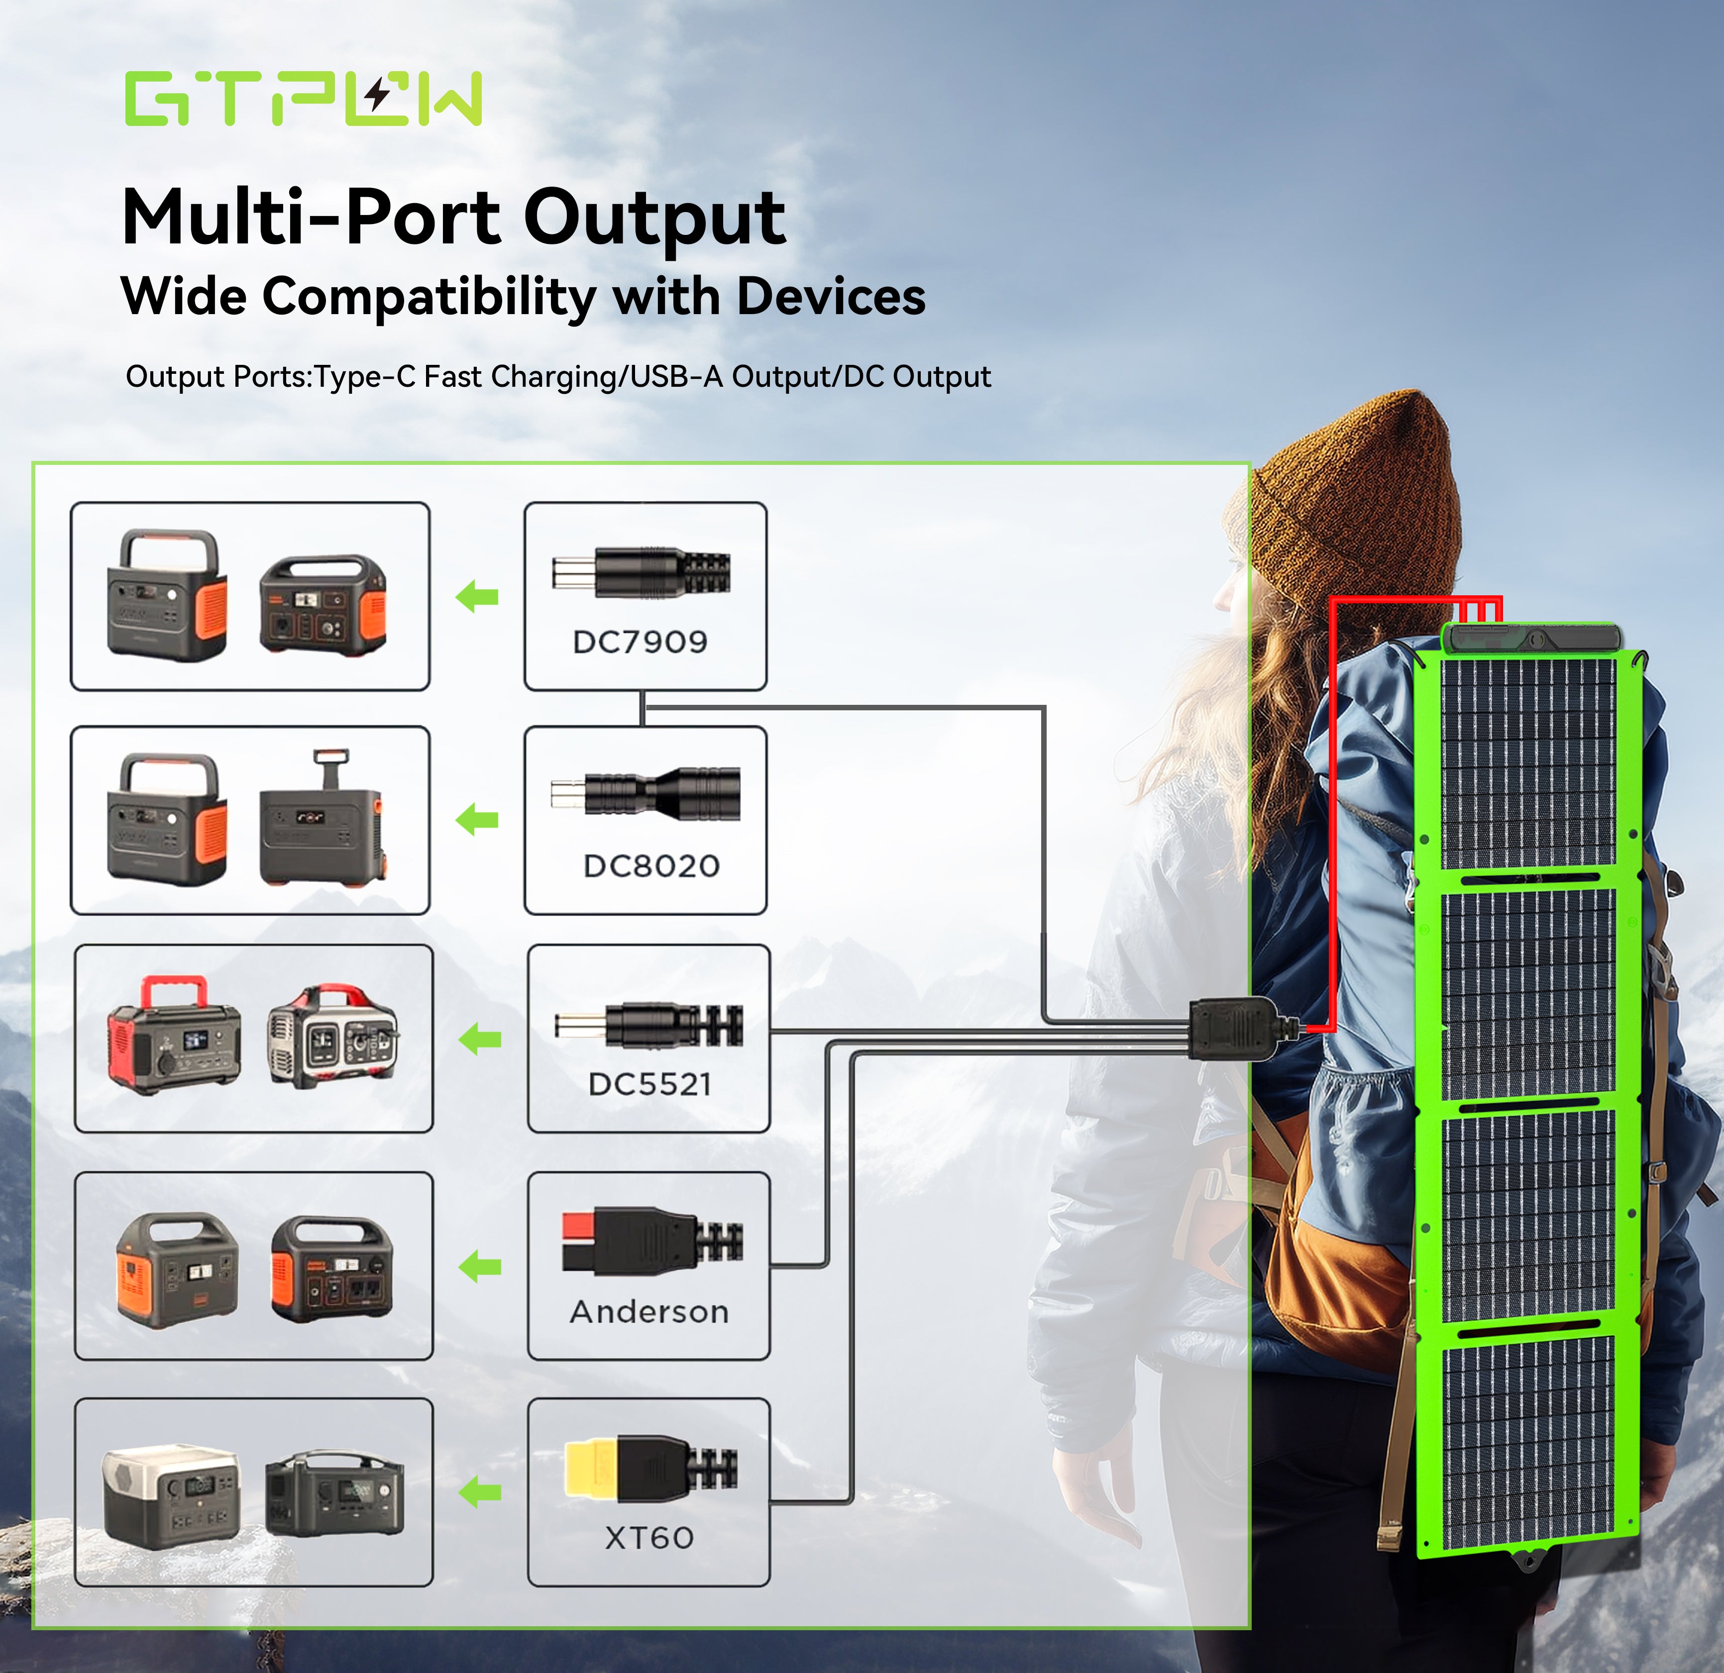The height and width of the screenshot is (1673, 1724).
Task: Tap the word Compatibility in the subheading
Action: point(429,297)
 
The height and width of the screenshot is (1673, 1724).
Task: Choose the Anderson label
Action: point(649,1312)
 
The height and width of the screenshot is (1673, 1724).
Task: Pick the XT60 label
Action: point(649,1538)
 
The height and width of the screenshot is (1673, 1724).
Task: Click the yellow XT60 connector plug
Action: point(591,1468)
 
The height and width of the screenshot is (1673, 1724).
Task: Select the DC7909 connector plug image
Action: point(641,572)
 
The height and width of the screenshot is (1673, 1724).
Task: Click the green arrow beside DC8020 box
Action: point(478,820)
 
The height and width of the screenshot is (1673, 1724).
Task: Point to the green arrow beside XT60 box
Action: point(480,1492)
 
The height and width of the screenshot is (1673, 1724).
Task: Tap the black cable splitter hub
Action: point(1231,1029)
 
